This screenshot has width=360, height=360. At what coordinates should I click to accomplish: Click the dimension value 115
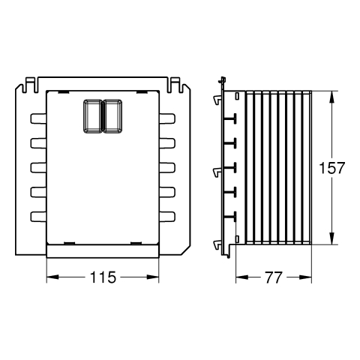click(103, 277)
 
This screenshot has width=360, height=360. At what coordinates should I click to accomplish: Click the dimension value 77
click(274, 277)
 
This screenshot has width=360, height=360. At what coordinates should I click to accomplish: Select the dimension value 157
click(331, 168)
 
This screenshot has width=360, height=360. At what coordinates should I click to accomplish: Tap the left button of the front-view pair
click(92, 116)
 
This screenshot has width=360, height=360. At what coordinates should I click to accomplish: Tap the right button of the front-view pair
click(112, 116)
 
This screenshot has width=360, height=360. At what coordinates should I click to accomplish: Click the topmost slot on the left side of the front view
click(38, 118)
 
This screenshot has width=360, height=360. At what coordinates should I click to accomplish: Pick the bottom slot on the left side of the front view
click(38, 217)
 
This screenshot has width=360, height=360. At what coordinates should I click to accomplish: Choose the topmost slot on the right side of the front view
click(167, 118)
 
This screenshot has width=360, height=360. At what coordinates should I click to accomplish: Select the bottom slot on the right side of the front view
click(167, 217)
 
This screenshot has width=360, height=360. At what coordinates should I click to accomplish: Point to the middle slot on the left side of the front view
click(38, 168)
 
